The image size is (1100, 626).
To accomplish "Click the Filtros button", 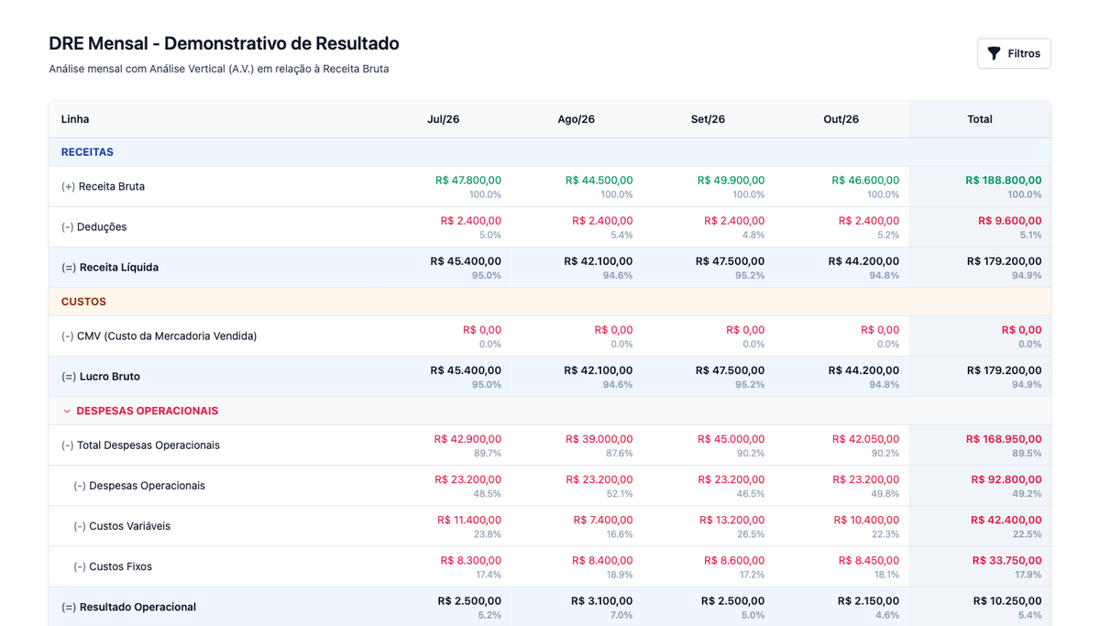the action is (1014, 53).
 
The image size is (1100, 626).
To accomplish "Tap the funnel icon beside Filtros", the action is (994, 53).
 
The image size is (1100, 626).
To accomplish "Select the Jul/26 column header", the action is (443, 119).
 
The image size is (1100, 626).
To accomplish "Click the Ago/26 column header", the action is (576, 119).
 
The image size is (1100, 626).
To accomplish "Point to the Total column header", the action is (980, 119).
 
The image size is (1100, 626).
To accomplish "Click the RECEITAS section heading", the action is (87, 152).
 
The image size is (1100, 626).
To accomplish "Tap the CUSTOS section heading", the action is (83, 302).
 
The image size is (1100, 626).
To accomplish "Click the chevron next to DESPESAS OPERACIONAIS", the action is (67, 411).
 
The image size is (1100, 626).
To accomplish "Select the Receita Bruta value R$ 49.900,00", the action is (731, 181).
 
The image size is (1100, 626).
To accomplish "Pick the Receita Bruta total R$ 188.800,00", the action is (1003, 181).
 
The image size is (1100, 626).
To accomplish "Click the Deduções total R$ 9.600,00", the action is (1009, 221).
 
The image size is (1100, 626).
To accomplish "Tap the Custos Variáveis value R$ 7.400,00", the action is (603, 520).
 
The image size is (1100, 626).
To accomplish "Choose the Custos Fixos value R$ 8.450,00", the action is (869, 561).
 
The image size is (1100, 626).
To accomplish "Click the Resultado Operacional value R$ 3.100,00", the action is (601, 601).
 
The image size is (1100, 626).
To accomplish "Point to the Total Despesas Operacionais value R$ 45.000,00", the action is (731, 439).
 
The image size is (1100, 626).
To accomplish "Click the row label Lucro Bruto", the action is (109, 377).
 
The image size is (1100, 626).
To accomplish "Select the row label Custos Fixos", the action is (120, 566).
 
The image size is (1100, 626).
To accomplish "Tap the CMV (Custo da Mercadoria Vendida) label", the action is (167, 336).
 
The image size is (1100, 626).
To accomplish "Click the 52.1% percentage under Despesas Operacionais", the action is (620, 493).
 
